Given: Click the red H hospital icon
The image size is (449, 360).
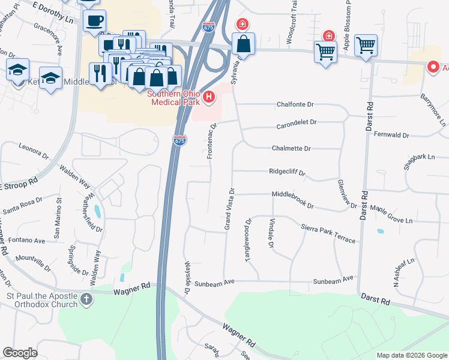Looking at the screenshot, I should [209, 97].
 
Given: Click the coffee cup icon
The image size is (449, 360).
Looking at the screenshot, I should [94, 21].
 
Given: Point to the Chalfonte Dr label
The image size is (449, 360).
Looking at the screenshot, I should [295, 104].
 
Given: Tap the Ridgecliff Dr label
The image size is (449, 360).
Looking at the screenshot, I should [288, 172].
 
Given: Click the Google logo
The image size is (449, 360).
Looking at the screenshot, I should [20, 353].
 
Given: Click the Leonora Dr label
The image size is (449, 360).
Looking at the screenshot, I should [34, 150].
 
